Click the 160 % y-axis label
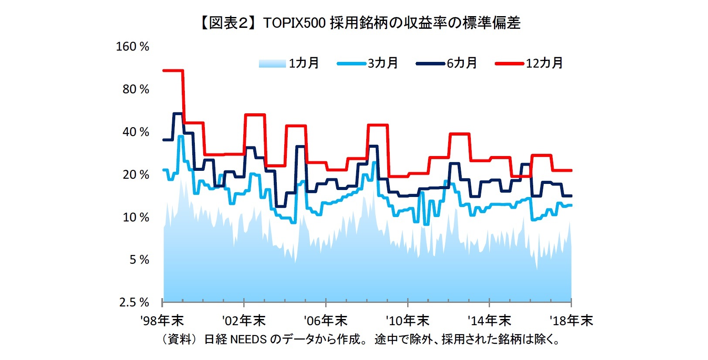click(x=132, y=47)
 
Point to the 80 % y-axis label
click(x=136, y=89)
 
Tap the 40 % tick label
click(x=136, y=132)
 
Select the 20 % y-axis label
click(x=136, y=175)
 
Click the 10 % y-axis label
click(x=136, y=217)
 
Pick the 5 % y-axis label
click(x=139, y=260)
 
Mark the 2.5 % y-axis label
click(x=134, y=302)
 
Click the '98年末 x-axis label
click(x=162, y=321)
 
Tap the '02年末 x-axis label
click(x=244, y=321)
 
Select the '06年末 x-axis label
click(x=326, y=321)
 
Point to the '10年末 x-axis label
click(x=408, y=321)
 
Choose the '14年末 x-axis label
click(x=489, y=321)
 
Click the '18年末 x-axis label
click(x=571, y=321)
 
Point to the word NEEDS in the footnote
click(x=248, y=339)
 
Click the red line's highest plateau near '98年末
click(x=173, y=70)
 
